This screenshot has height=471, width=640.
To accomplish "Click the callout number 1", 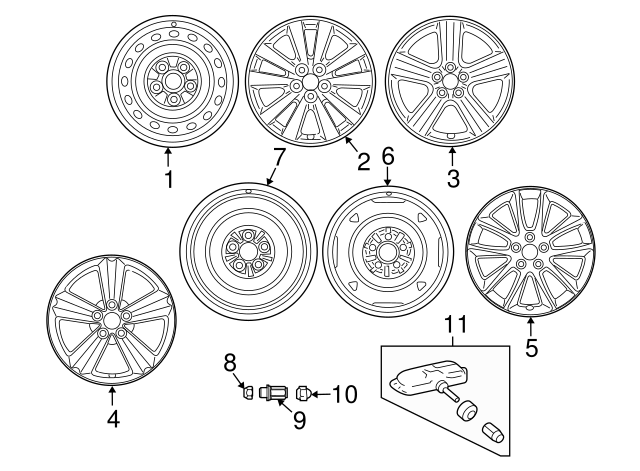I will coord(168,180).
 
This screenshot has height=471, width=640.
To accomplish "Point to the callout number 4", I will coord(113,420).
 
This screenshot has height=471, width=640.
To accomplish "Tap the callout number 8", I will coord(228,362).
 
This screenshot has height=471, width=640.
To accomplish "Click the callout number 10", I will coord(343,394).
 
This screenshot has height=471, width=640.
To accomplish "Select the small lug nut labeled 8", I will coord(248,393).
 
